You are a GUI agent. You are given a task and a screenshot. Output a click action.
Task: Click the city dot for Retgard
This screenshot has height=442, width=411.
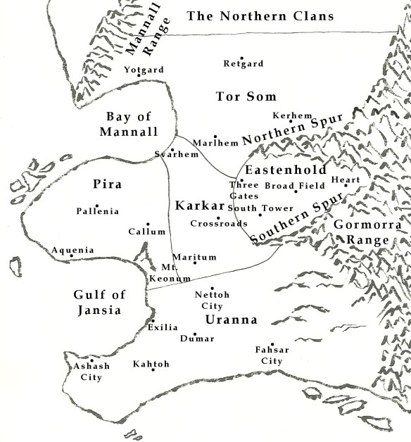(241, 58)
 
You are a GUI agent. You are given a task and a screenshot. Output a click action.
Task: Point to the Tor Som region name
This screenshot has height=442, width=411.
(246, 96)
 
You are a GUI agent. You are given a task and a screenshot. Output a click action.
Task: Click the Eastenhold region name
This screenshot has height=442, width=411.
(286, 170)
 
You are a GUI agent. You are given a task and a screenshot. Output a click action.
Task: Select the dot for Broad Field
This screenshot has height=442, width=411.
(296, 191)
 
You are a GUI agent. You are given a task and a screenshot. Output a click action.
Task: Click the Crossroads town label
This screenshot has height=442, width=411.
(219, 223)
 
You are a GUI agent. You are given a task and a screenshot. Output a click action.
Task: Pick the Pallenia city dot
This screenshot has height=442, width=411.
(97, 206)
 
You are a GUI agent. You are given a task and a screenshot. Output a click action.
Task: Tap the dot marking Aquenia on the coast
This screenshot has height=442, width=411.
(71, 256)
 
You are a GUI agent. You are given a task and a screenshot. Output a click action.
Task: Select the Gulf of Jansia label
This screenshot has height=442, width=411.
(97, 303)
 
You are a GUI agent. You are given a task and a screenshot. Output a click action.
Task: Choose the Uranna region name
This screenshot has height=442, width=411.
(230, 320)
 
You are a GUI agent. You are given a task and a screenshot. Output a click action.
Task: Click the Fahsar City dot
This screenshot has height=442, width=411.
(272, 345)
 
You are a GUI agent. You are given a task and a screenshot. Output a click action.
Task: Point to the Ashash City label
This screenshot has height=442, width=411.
(87, 372)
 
